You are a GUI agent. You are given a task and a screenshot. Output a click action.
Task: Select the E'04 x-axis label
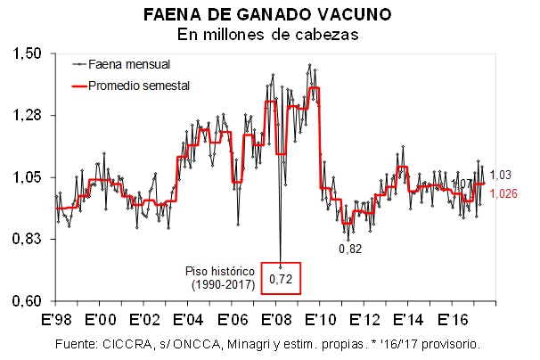187,318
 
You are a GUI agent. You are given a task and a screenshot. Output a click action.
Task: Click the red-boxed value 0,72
281,279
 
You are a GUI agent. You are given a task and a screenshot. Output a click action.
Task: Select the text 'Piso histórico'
220,270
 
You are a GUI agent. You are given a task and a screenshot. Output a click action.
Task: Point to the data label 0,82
350,250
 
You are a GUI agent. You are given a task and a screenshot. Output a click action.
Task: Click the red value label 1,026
504,192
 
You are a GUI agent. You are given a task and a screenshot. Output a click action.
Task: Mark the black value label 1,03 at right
501,175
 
